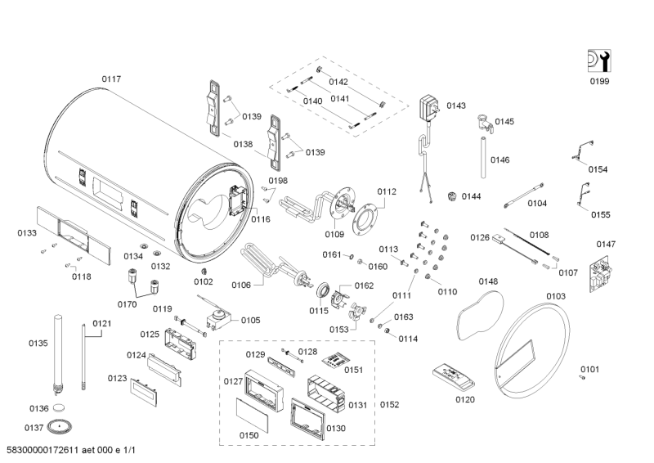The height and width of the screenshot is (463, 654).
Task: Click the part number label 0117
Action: tap(111, 79)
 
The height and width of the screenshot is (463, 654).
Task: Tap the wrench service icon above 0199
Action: tap(599, 61)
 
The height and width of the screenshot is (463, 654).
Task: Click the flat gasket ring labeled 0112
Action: tap(365, 219)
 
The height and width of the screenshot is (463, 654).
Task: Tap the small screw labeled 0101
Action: tap(582, 377)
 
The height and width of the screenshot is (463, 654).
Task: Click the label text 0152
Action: tap(389, 405)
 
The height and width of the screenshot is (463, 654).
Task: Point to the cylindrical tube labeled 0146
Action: tap(483, 157)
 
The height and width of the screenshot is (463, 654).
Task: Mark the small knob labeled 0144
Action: tap(453, 196)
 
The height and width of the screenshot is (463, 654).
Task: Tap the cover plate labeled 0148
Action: tap(480, 315)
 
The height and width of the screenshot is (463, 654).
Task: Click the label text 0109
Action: tap(334, 234)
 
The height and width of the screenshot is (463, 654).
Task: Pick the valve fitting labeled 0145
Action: tap(485, 124)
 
